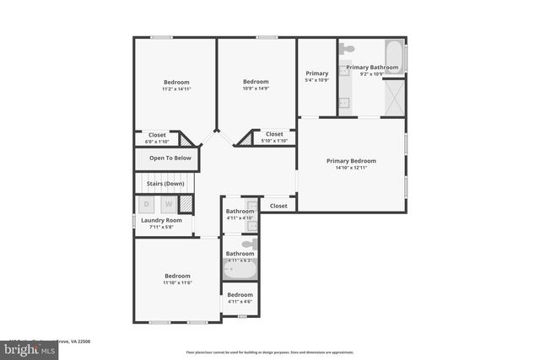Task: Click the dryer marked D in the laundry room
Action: point(146,204)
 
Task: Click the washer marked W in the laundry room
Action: point(168,204)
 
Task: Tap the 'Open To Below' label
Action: point(170,158)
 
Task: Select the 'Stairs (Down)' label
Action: point(165,183)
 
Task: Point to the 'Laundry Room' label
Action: point(161,220)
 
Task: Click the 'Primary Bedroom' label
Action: point(351,160)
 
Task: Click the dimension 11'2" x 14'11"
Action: point(176,89)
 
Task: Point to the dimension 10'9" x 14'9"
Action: point(256,89)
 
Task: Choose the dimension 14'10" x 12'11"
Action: point(351,168)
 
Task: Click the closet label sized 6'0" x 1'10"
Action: point(157,141)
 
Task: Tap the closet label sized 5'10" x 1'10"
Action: point(274,140)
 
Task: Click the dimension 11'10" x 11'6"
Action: point(177,282)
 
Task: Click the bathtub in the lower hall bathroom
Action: point(239,269)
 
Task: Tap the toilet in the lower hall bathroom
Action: point(249,244)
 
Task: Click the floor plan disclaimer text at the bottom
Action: point(270,352)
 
